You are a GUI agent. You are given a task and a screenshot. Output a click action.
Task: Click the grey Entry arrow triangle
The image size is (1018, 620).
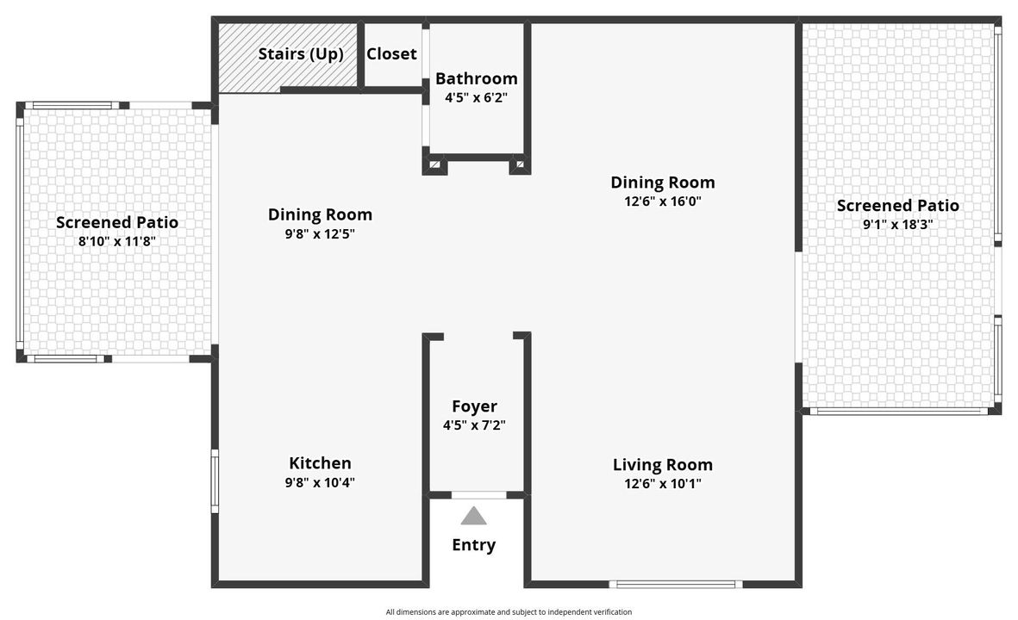point(473,517)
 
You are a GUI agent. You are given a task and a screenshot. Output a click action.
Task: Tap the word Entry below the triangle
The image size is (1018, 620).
point(473,545)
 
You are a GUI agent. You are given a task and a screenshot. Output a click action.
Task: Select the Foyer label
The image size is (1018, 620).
point(474,406)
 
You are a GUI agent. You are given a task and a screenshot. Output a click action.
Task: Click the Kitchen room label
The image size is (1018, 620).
point(320,463)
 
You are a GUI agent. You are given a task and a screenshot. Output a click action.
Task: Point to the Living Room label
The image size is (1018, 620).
point(662,465)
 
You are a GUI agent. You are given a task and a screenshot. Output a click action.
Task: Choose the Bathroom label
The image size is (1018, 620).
point(476,79)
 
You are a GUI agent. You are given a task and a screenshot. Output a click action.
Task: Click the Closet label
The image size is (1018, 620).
point(391,53)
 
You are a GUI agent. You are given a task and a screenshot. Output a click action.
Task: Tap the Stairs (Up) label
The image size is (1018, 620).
point(301,54)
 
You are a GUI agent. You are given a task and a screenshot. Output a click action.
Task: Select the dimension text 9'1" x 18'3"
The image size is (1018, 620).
point(897,224)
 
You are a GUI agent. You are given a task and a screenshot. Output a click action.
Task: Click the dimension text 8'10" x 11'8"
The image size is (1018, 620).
point(116,241)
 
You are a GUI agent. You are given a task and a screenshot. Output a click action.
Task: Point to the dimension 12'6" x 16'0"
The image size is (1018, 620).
point(662,201)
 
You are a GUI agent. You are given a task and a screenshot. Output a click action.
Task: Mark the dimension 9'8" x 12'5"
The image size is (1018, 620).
point(320,233)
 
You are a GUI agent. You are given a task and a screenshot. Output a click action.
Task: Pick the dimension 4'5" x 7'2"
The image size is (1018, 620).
point(474,425)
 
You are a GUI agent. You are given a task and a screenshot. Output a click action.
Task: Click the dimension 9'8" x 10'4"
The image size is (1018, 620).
point(320,482)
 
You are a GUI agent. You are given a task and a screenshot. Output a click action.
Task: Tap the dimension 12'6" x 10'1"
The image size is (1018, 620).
point(662,484)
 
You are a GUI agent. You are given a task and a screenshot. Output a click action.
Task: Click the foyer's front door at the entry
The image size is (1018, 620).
point(478,495)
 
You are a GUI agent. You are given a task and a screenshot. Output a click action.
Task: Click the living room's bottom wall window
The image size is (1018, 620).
point(676,585)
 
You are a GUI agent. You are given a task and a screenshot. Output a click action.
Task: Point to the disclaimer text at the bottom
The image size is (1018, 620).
point(509,612)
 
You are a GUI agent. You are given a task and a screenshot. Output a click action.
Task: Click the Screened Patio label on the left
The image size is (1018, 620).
point(116,222)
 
